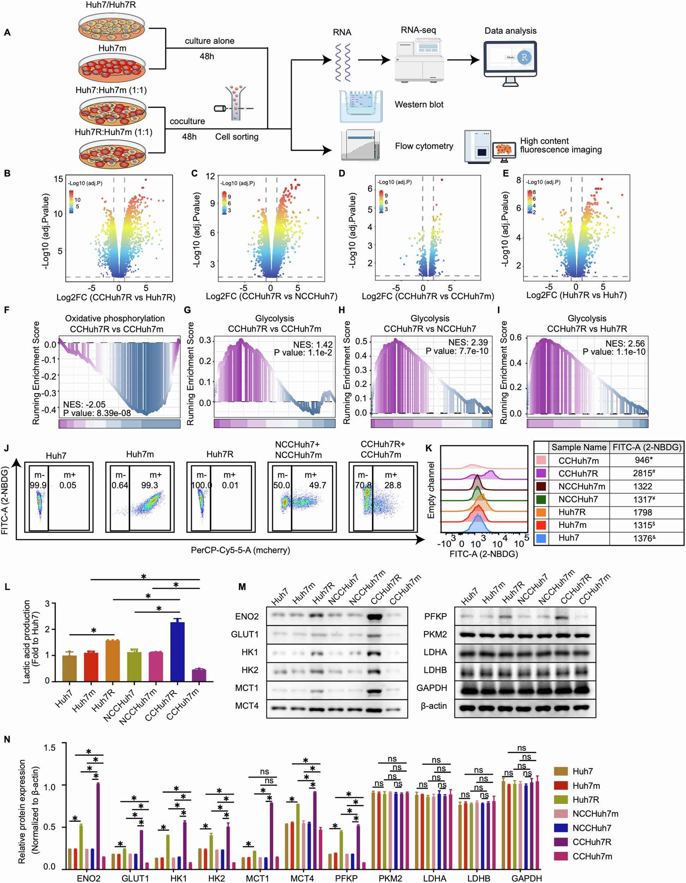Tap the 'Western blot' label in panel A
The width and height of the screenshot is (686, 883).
pos(419,105)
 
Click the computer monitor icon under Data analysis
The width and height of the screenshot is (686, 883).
pos(510,61)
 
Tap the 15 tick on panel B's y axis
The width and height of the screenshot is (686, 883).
pos(59,179)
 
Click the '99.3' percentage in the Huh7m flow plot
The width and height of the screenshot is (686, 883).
pos(150,485)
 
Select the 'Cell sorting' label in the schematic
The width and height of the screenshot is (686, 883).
pos(237,137)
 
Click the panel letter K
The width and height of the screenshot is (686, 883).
pos(429,448)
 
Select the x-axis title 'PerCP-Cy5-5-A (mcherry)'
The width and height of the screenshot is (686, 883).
pos(240,550)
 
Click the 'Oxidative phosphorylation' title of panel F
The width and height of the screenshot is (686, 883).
pos(115,319)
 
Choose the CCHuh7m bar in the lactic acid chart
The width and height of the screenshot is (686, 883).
pos(198,675)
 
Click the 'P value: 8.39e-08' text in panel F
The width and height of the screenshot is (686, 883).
pos(97,413)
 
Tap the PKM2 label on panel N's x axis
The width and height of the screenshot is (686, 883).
pos(390,878)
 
